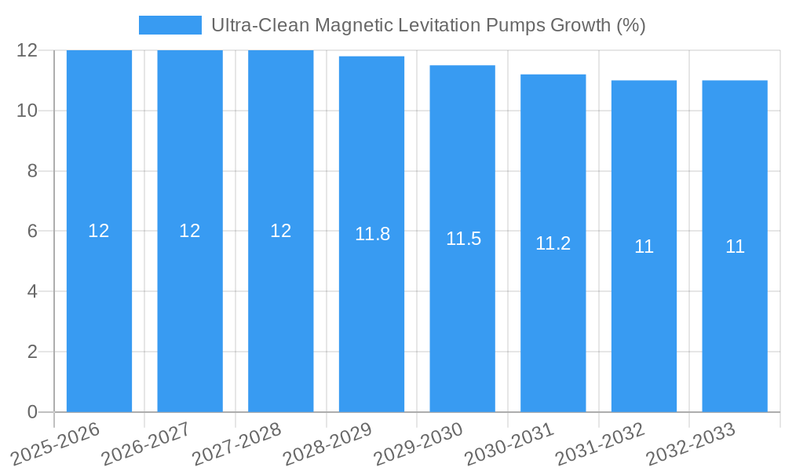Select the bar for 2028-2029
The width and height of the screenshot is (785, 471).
coord(371,314)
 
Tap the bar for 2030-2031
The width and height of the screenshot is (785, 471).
coord(553,314)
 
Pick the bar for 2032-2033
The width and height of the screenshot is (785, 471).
coord(735,314)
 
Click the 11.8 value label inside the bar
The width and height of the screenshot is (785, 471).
coord(372,234)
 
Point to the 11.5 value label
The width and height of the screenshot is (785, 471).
coord(463,239)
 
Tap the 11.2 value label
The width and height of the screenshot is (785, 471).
coord(553,243)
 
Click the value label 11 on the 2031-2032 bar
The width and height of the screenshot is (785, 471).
coord(644,246)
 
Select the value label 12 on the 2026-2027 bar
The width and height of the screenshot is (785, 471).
coord(190,231)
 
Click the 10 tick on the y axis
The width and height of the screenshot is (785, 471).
coord(27,111)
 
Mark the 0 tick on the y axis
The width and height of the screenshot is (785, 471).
coord(32,412)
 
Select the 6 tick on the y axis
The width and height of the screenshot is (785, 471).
coord(32,232)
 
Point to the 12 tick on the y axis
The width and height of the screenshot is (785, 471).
coord(27,50)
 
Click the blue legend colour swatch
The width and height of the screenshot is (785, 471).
coord(170,25)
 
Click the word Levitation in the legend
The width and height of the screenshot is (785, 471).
coord(441,25)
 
